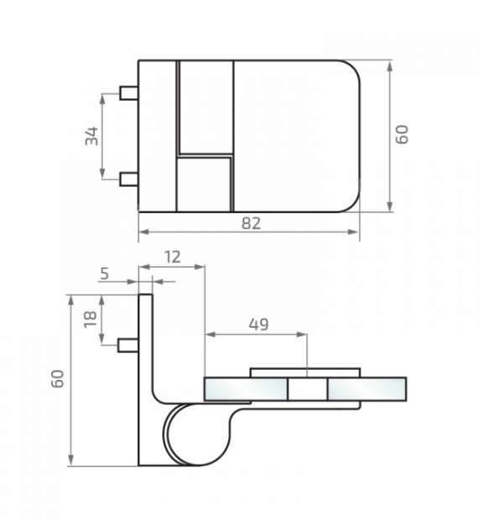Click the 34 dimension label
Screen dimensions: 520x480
pyautogui.click(x=91, y=135)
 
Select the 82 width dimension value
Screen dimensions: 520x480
pyautogui.click(x=249, y=222)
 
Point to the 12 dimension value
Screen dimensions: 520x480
pyautogui.click(x=171, y=257)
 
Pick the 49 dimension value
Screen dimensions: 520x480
pyautogui.click(x=258, y=324)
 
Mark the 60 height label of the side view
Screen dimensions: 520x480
pyautogui.click(x=57, y=379)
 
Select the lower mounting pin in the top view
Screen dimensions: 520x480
pyautogui.click(x=129, y=178)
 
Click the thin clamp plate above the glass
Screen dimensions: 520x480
pyautogui.click(x=305, y=372)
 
